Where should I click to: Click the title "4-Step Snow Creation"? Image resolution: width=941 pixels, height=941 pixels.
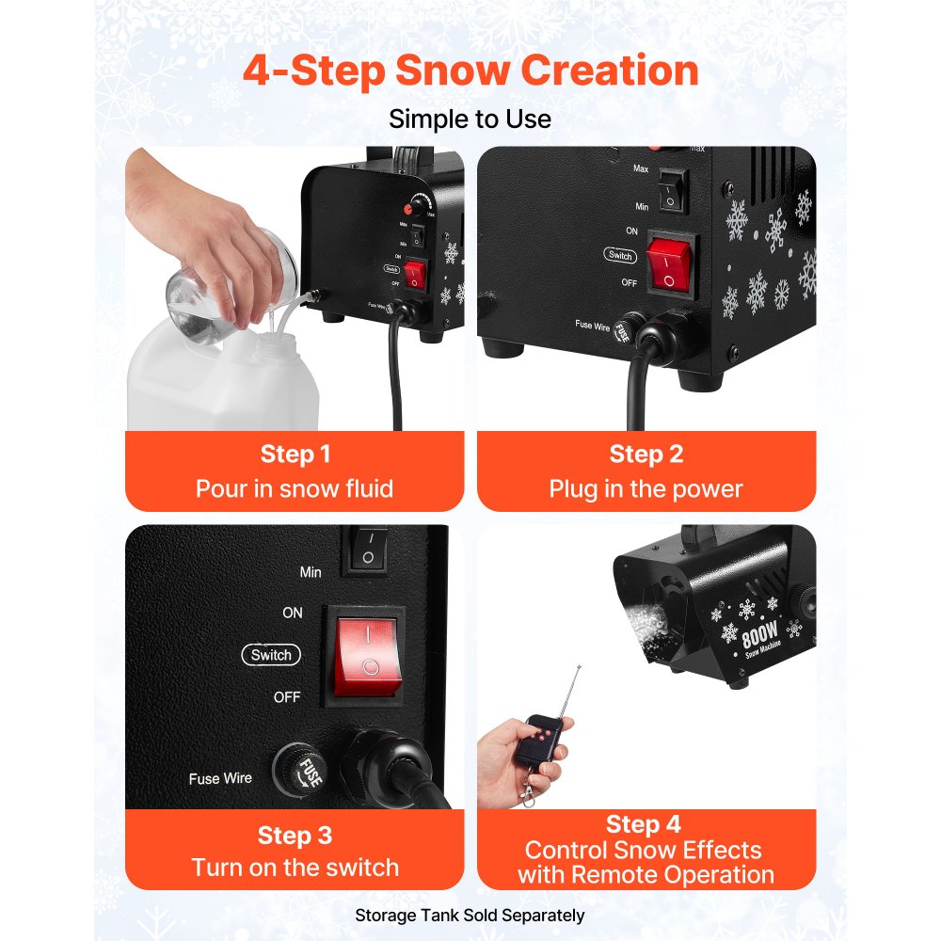tap(470, 72)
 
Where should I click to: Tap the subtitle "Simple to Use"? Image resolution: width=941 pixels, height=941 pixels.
tap(470, 120)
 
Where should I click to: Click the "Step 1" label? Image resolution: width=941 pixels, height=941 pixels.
tap(295, 455)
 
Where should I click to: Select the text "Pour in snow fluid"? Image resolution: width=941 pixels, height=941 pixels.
tap(295, 488)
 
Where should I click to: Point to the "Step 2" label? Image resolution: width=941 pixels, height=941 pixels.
tap(646, 455)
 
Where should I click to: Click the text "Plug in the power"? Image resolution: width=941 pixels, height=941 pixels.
tap(646, 489)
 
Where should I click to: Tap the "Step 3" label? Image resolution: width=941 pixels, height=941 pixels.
tap(295, 835)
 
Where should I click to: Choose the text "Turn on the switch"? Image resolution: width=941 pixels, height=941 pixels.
tap(295, 868)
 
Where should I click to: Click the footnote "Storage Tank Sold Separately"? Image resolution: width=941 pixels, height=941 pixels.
tap(470, 915)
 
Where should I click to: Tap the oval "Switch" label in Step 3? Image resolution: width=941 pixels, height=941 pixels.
tap(271, 655)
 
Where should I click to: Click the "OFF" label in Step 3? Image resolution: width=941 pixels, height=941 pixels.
tap(287, 697)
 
